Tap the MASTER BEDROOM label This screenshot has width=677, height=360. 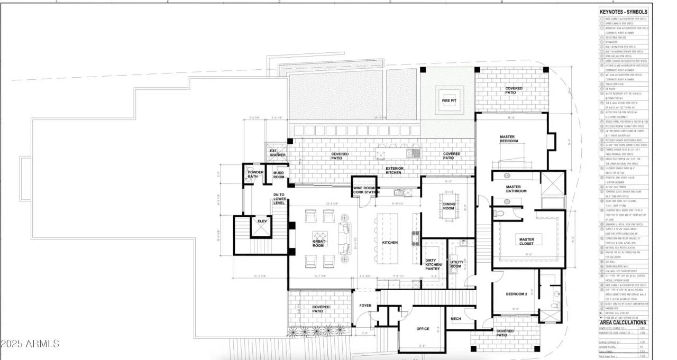pos(508,139)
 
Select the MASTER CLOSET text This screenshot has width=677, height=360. pos(526,242)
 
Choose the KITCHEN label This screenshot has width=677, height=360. pos(390,243)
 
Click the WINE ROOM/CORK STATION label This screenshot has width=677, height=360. pos(365,190)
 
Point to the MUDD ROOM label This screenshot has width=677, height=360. pos(278,175)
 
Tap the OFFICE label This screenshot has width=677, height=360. pos(423,329)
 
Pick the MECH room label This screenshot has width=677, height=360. pos(455,319)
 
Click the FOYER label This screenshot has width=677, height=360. pos(365,306)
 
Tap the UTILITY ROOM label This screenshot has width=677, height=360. pos(456,264)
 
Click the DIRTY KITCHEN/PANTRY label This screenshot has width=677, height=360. pos(433,265)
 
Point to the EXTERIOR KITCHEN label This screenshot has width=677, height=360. pos(395,170)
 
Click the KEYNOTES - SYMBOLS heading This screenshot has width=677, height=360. pos(623,12)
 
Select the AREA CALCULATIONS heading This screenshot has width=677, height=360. pos(623,322)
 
